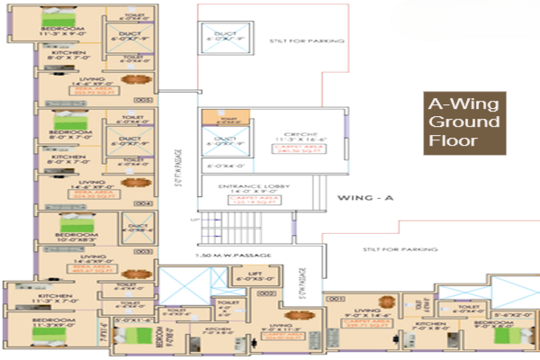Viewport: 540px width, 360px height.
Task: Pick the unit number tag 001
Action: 337,296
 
